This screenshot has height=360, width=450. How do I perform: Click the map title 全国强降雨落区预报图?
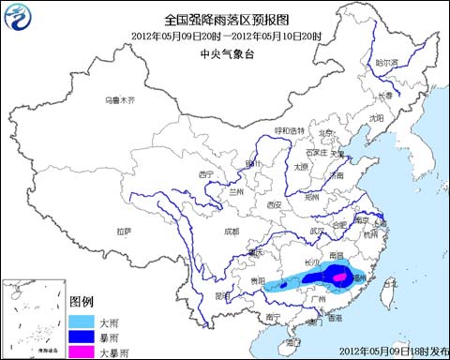pos(225,19)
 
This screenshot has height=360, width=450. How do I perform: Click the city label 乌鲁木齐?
pos(120,99)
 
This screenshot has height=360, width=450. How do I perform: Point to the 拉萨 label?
pos(124,231)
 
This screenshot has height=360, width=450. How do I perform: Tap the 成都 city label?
pos(231,230)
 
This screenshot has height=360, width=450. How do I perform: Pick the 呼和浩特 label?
pos(289,130)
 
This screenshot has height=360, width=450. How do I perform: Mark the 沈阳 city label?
pos(376,119)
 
